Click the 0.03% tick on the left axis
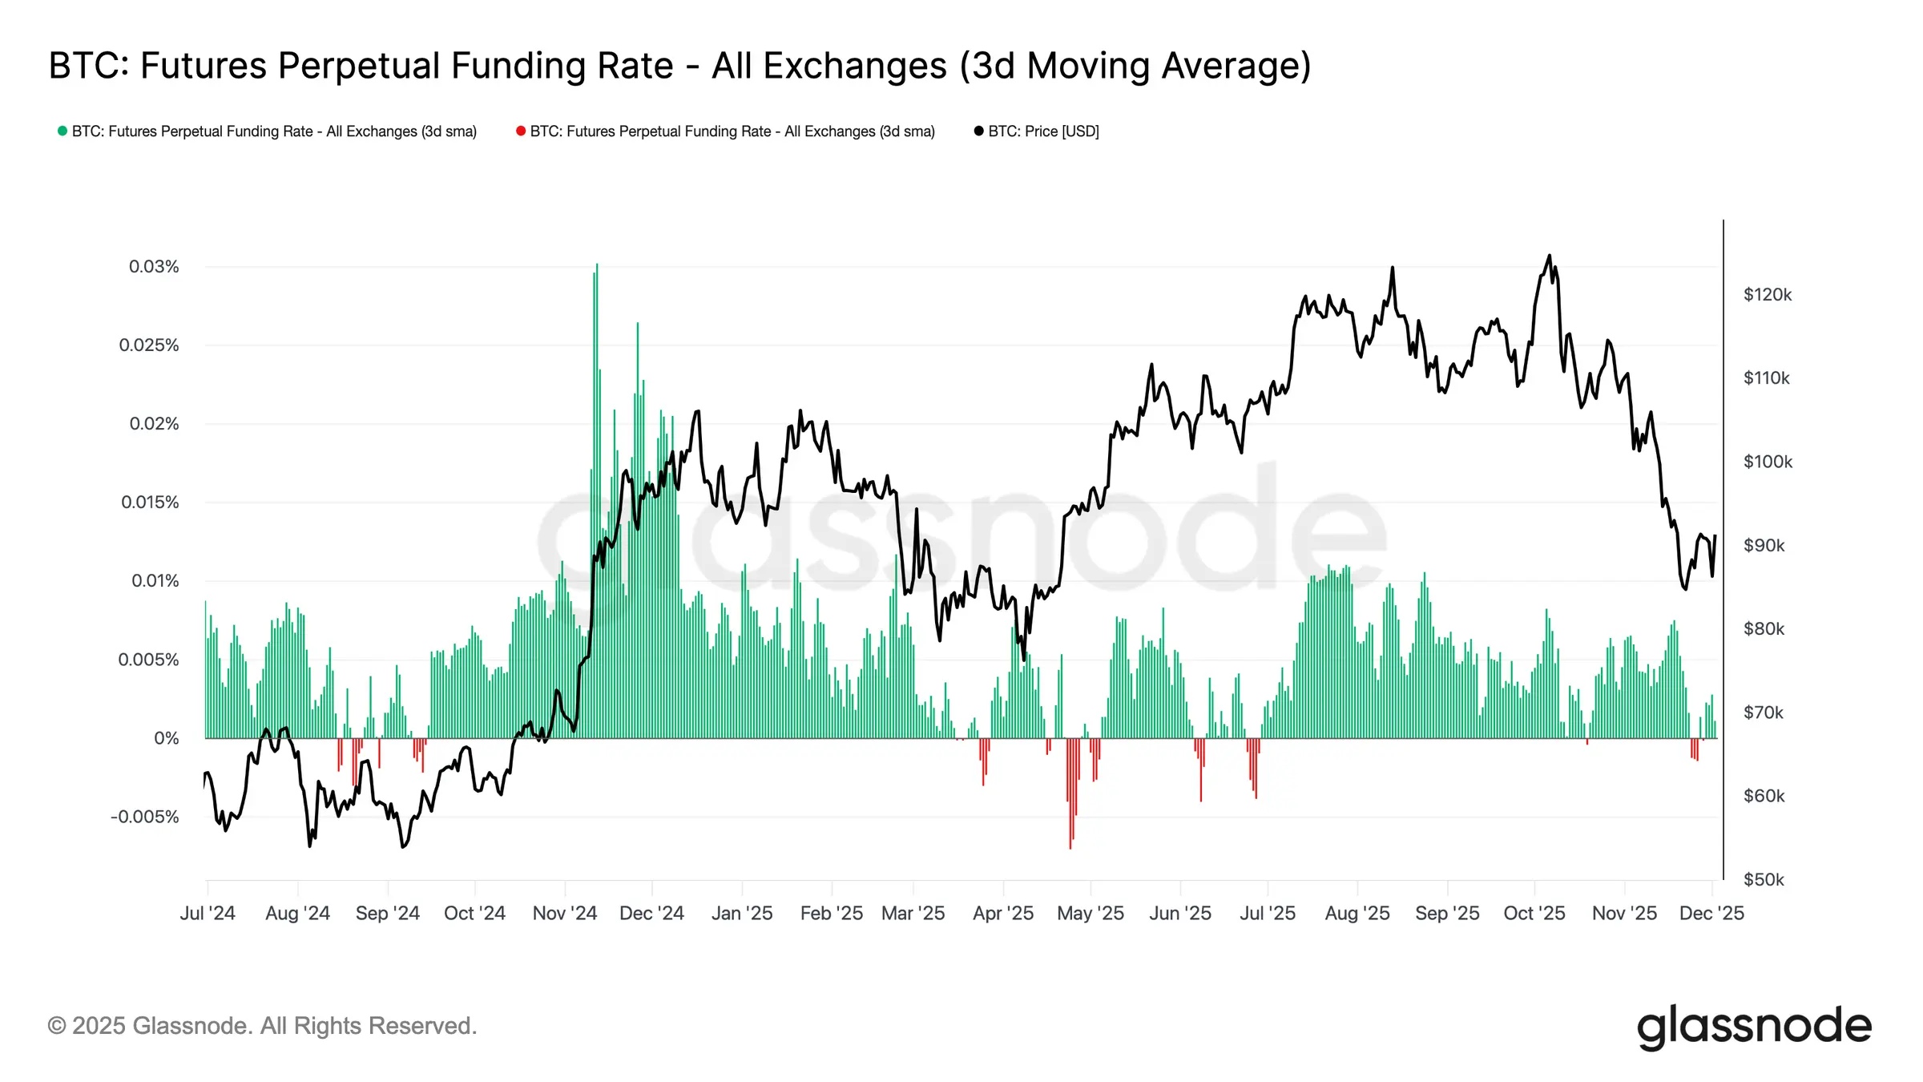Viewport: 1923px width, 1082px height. [154, 266]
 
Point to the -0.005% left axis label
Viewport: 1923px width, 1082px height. [145, 817]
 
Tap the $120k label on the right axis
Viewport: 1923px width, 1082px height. [1767, 294]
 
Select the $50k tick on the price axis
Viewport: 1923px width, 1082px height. [1763, 879]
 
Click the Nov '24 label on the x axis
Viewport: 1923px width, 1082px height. [565, 913]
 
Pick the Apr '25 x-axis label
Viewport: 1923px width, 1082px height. [1003, 913]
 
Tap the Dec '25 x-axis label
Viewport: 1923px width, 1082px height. [1711, 913]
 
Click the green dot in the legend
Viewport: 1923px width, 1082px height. [62, 131]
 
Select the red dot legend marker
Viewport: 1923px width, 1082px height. [521, 131]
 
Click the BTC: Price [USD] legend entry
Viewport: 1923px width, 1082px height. [1042, 131]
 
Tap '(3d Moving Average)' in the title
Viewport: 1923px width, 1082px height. [1135, 66]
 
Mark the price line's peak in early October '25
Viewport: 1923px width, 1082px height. [1549, 256]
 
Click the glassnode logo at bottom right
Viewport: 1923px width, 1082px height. [1753, 1026]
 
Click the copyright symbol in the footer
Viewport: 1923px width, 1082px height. [56, 1026]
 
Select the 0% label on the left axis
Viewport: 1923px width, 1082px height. [166, 738]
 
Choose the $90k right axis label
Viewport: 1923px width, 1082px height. [1764, 545]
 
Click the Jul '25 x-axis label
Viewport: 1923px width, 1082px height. [1268, 913]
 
